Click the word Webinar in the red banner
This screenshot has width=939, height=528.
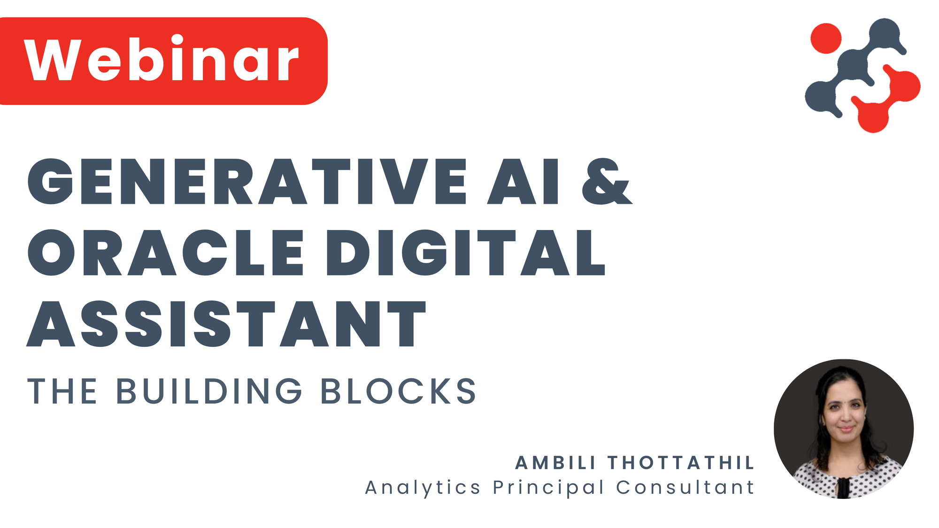162,60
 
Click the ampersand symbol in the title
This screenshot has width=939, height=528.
607,182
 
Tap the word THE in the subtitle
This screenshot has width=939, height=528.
62,391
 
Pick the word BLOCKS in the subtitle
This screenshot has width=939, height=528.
399,391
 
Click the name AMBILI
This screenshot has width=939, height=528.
555,463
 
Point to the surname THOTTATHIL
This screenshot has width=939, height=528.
681,463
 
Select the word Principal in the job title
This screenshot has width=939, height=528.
548,488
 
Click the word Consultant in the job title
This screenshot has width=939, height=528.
685,488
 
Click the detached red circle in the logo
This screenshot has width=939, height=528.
826,38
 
